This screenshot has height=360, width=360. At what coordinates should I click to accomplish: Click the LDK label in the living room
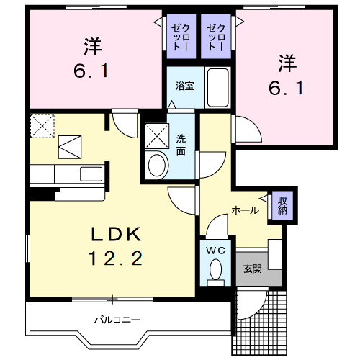coord(116,234)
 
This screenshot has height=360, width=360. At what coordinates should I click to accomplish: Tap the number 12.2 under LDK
coord(116,258)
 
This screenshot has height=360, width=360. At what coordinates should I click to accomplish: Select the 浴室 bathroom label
coord(184,86)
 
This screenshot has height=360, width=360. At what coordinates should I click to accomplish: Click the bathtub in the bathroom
coord(217,88)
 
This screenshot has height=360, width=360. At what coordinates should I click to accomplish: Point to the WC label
coord(216,251)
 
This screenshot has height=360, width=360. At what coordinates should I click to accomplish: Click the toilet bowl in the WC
coord(216,269)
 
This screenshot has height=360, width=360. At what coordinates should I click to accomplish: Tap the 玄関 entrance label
coord(253,269)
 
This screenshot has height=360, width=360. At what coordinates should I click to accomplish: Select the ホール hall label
coord(246,210)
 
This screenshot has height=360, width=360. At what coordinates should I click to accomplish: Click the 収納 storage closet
coord(283,205)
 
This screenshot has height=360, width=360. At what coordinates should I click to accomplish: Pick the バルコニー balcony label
coord(117,320)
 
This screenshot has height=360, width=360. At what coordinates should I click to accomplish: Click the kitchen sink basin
coord(91,174)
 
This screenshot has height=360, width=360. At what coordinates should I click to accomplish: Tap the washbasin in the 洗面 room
coord(157,165)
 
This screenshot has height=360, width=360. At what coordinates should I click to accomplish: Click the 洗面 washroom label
coord(181,145)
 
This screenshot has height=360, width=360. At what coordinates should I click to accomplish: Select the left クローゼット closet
coord(181,37)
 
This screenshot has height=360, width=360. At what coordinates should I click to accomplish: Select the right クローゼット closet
coord(216,37)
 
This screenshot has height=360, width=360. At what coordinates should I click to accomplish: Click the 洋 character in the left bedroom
coord(93,46)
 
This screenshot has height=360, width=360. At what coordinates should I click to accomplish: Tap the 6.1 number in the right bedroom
coord(287,88)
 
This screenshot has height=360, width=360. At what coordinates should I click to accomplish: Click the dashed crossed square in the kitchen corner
coord(42,126)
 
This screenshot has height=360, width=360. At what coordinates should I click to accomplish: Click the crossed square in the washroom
coord(157,136)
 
